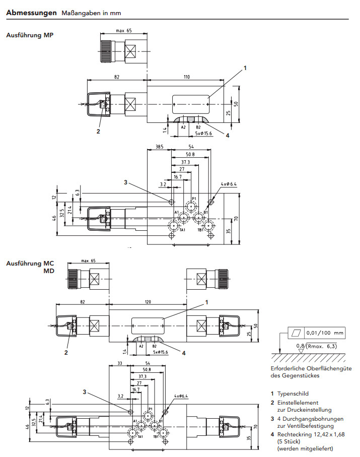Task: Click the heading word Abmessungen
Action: pyautogui.click(x=31, y=13)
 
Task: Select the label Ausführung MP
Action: pyautogui.click(x=29, y=36)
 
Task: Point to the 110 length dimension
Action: pyautogui.click(x=186, y=77)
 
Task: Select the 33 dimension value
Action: pyautogui.click(x=119, y=363)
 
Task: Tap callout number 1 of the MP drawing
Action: pyautogui.click(x=246, y=68)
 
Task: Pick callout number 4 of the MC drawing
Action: pyautogui.click(x=184, y=353)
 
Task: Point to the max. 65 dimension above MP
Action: pyautogui.click(x=123, y=31)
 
